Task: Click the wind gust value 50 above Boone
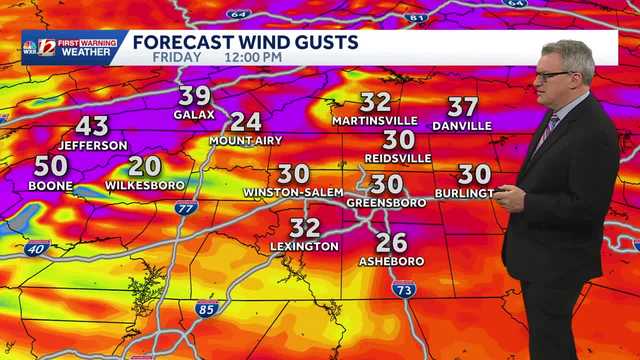[x=51, y=167]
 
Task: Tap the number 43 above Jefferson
[x=92, y=127]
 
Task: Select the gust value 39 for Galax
[x=195, y=97]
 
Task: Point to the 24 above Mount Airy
[x=245, y=123]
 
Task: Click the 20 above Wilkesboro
[x=145, y=167]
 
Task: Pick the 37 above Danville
[x=462, y=107]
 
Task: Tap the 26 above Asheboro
[x=392, y=242]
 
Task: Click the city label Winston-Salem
[x=292, y=192]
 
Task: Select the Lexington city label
[x=304, y=246]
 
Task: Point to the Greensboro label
[x=386, y=202]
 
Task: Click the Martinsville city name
[x=376, y=121]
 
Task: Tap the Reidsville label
[x=399, y=158]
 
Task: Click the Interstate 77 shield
[x=185, y=208]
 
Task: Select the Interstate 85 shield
[x=206, y=308]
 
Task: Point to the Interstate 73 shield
[x=404, y=289]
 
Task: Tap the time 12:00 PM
[x=253, y=57]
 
